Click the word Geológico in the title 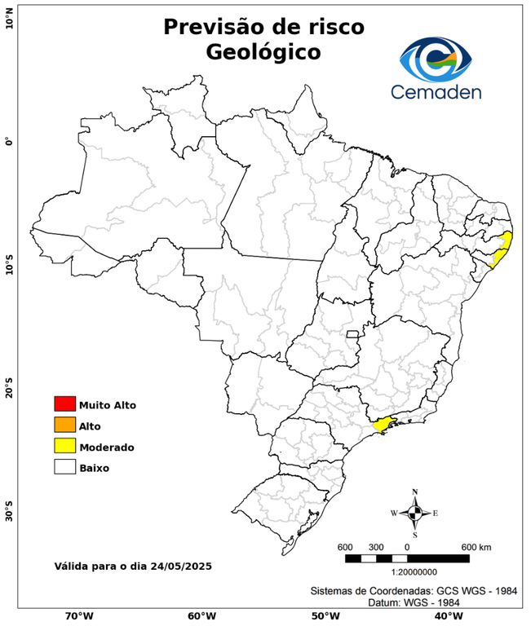[263, 52]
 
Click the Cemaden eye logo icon [436, 58]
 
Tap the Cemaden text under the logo [436, 91]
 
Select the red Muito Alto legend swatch [64, 403]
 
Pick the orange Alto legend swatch [64, 425]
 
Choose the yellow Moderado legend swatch [64, 446]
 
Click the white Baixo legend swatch [64, 467]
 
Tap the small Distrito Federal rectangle [353, 333]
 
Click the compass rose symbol [414, 513]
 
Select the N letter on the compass [414, 492]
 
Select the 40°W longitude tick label [446, 616]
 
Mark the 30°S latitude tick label [8, 515]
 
